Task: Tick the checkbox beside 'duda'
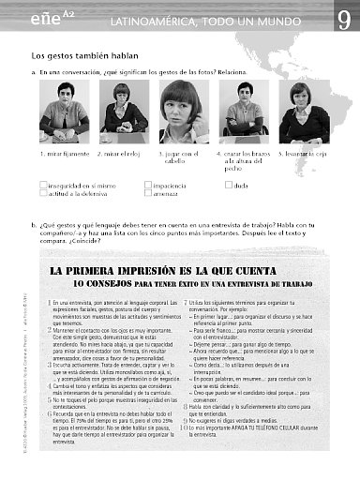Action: click(x=227, y=186)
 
